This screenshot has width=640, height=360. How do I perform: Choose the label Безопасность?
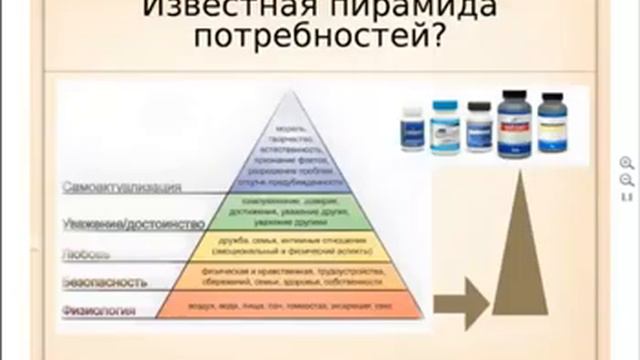pyautogui.click(x=98, y=284)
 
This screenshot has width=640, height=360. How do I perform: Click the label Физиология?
pyautogui.click(x=95, y=312)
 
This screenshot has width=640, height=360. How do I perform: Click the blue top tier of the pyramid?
pyautogui.click(x=291, y=150)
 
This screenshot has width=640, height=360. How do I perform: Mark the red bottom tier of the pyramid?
pyautogui.click(x=291, y=305)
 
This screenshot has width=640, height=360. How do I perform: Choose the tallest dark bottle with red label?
pyautogui.click(x=515, y=122)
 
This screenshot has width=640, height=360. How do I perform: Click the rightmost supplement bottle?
pyautogui.click(x=552, y=123)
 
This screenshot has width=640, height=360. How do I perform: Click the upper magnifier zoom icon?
pyautogui.click(x=627, y=162)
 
